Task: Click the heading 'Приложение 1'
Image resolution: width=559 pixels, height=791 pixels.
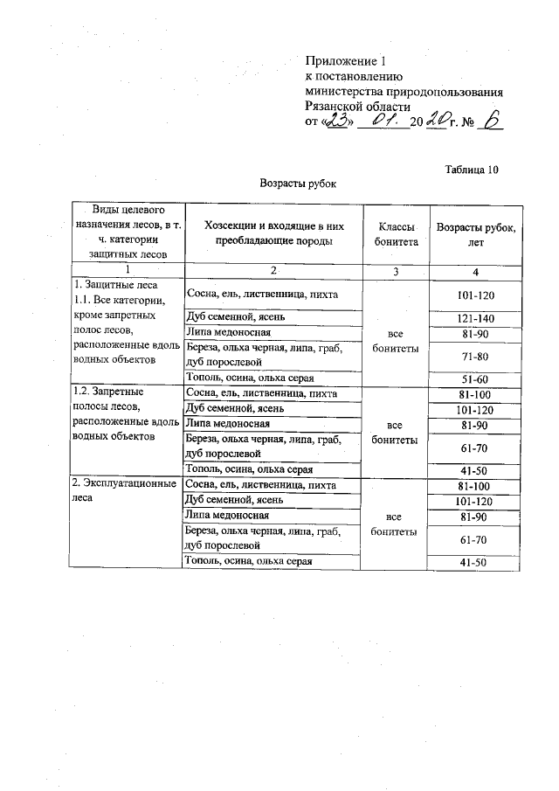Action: pyautogui.click(x=345, y=60)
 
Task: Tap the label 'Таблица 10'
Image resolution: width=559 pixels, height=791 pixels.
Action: pyautogui.click(x=471, y=169)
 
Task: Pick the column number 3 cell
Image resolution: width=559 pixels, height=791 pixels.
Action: pyautogui.click(x=395, y=271)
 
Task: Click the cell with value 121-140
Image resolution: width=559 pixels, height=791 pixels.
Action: pyautogui.click(x=476, y=316)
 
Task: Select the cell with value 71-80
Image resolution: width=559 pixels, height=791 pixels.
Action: pyautogui.click(x=476, y=355)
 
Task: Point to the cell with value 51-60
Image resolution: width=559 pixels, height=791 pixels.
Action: pyautogui.click(x=476, y=378)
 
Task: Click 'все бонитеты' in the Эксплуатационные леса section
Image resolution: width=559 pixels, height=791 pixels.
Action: pyautogui.click(x=395, y=523)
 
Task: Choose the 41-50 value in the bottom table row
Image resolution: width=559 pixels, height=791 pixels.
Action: pyautogui.click(x=476, y=562)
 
